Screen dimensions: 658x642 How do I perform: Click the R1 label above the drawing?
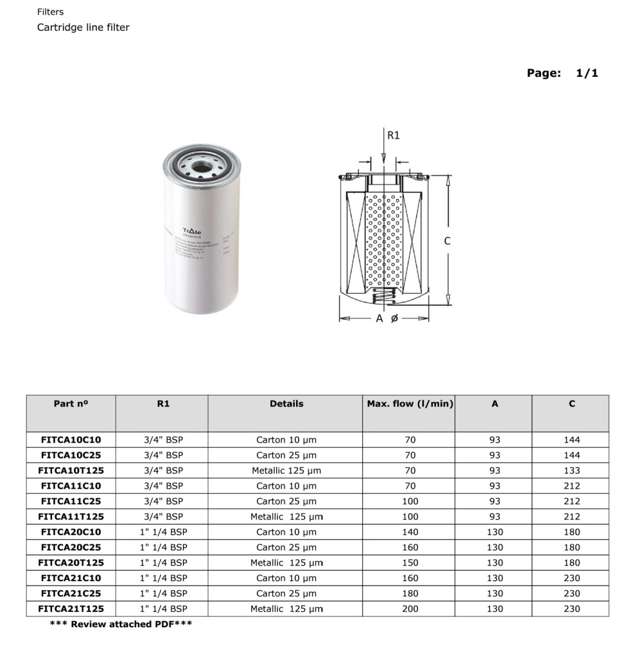(x=393, y=135)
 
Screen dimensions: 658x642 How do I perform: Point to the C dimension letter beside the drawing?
(x=447, y=241)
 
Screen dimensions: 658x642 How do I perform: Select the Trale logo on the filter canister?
(x=192, y=230)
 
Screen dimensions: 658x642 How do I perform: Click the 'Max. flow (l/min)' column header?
(x=410, y=404)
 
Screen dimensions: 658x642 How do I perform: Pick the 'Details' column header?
(x=286, y=404)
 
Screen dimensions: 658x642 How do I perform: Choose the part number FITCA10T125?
(x=71, y=471)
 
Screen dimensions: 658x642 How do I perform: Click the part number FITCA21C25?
(x=71, y=593)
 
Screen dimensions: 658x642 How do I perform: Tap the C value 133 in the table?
(x=571, y=471)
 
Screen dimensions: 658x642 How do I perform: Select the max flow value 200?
(x=410, y=609)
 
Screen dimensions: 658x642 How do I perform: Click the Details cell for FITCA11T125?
(x=286, y=517)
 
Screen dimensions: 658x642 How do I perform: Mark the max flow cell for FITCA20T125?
(x=410, y=563)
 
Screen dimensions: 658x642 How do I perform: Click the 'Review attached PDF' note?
(x=121, y=624)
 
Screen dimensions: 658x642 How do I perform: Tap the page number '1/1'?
(x=587, y=73)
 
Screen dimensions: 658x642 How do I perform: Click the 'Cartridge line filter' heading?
(x=83, y=28)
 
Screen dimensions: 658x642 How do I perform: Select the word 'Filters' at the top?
(x=51, y=12)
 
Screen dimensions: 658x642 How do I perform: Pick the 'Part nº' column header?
(x=71, y=404)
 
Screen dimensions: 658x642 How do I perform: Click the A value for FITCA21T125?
(x=495, y=609)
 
